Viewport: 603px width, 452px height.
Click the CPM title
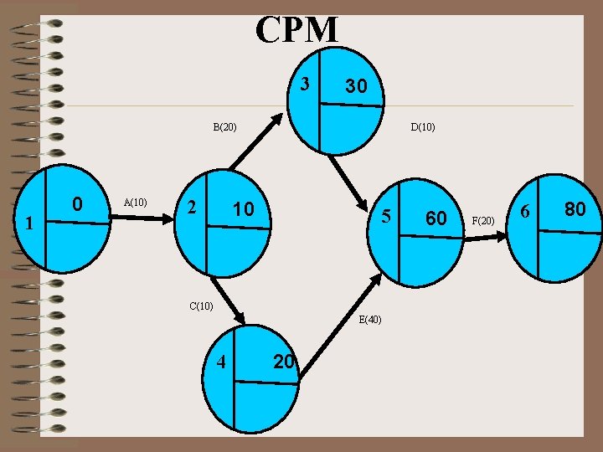297,30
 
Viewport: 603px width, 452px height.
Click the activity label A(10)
135,202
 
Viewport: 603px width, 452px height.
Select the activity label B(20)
224,128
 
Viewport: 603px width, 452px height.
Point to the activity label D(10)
422,128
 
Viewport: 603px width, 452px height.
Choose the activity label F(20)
483,221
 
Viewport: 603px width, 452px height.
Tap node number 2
192,206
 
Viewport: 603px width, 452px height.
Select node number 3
306,84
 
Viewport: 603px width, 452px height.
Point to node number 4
221,362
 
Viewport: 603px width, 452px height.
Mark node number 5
386,216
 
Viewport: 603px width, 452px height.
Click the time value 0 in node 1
76,203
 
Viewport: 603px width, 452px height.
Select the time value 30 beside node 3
356,87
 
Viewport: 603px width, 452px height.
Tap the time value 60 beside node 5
435,218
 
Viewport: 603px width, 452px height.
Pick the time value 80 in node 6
575,209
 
